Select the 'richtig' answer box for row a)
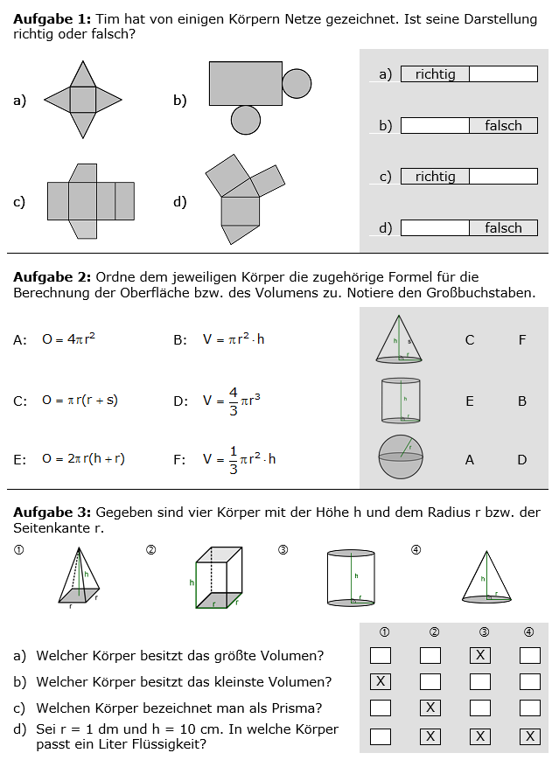click(x=435, y=74)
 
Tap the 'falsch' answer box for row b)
click(x=503, y=126)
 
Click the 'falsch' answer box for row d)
click(x=503, y=228)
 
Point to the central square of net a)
click(x=82, y=100)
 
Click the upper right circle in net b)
click(x=297, y=83)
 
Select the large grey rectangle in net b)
click(x=245, y=83)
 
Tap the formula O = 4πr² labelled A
click(x=68, y=339)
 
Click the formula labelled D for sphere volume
click(x=233, y=401)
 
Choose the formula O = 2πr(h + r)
click(x=83, y=458)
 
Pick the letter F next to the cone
click(x=522, y=340)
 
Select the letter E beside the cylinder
click(x=470, y=401)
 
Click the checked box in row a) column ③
click(x=479, y=655)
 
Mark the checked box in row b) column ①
click(x=381, y=681)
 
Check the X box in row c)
click(x=430, y=708)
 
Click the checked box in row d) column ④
click(x=529, y=736)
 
